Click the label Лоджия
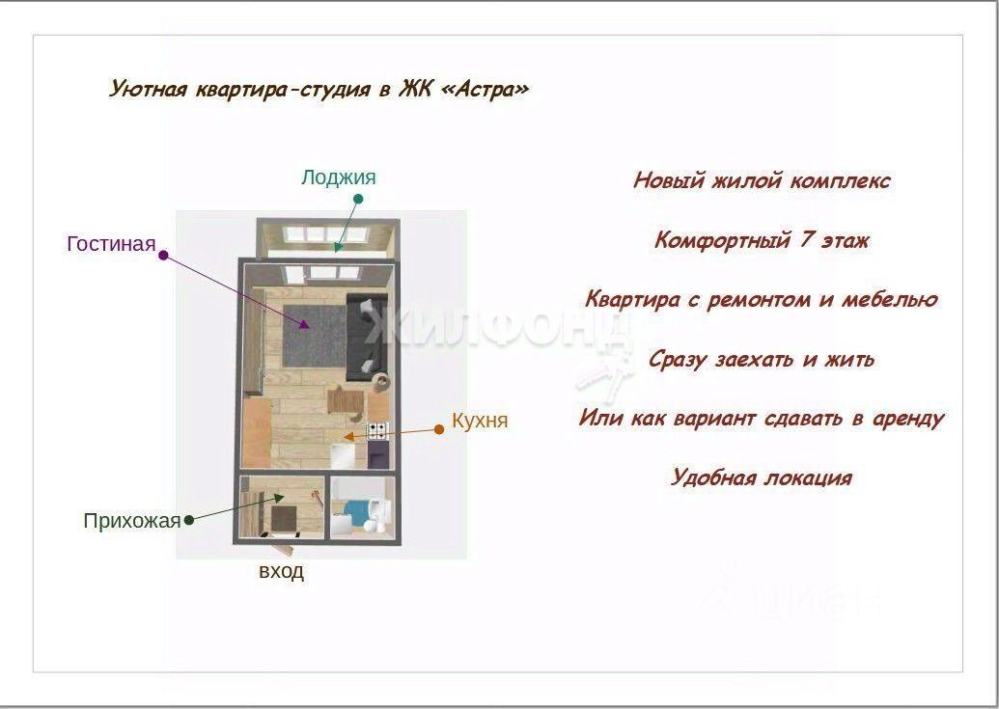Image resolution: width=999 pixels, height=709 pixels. point(339,177)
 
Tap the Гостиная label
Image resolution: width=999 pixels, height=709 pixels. point(112,244)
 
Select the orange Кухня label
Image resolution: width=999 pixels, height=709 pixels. point(480,421)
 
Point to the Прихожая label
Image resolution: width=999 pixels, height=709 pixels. point(132,521)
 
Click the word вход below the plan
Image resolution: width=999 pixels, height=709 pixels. point(281,571)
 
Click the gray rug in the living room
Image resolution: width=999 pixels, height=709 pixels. point(314,336)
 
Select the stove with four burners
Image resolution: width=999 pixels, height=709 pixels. point(377,431)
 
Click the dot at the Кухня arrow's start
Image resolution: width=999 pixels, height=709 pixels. point(439,429)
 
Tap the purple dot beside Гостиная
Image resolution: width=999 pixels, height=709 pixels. point(163,256)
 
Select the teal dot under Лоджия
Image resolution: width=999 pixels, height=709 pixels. point(358,200)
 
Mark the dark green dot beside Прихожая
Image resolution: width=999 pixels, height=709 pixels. point(188,521)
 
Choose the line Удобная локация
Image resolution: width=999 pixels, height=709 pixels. point(761,477)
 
